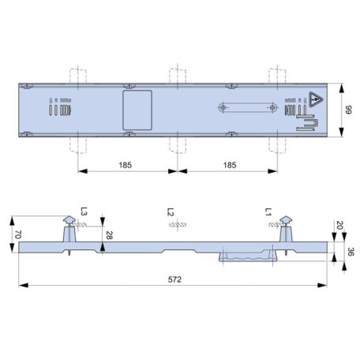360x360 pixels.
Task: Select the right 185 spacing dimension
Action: tap(229, 166)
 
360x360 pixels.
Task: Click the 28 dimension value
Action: tap(109, 234)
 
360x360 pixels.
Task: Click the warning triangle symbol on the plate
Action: tap(316, 101)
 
